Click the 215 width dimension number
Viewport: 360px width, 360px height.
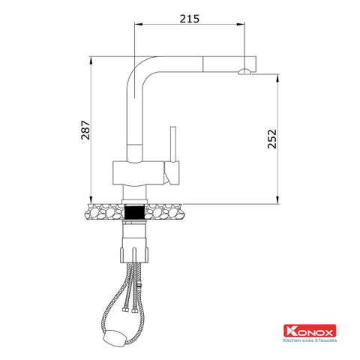pyautogui.click(x=190, y=19)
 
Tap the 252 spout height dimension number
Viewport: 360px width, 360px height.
pyautogui.click(x=272, y=139)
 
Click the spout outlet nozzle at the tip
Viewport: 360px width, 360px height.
pyautogui.click(x=244, y=73)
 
